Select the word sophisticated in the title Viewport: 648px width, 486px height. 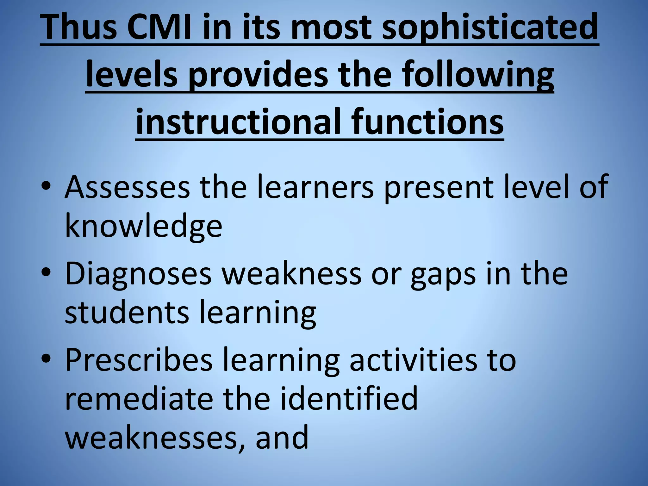click(x=490, y=28)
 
